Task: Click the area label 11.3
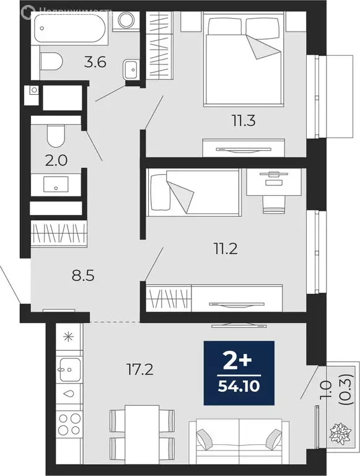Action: [x=244, y=120]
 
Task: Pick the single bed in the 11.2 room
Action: [x=193, y=192]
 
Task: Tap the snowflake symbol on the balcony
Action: [x=340, y=430]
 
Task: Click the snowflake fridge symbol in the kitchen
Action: [x=68, y=338]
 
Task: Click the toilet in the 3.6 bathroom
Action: [x=51, y=61]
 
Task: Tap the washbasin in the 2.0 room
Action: [x=56, y=183]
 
